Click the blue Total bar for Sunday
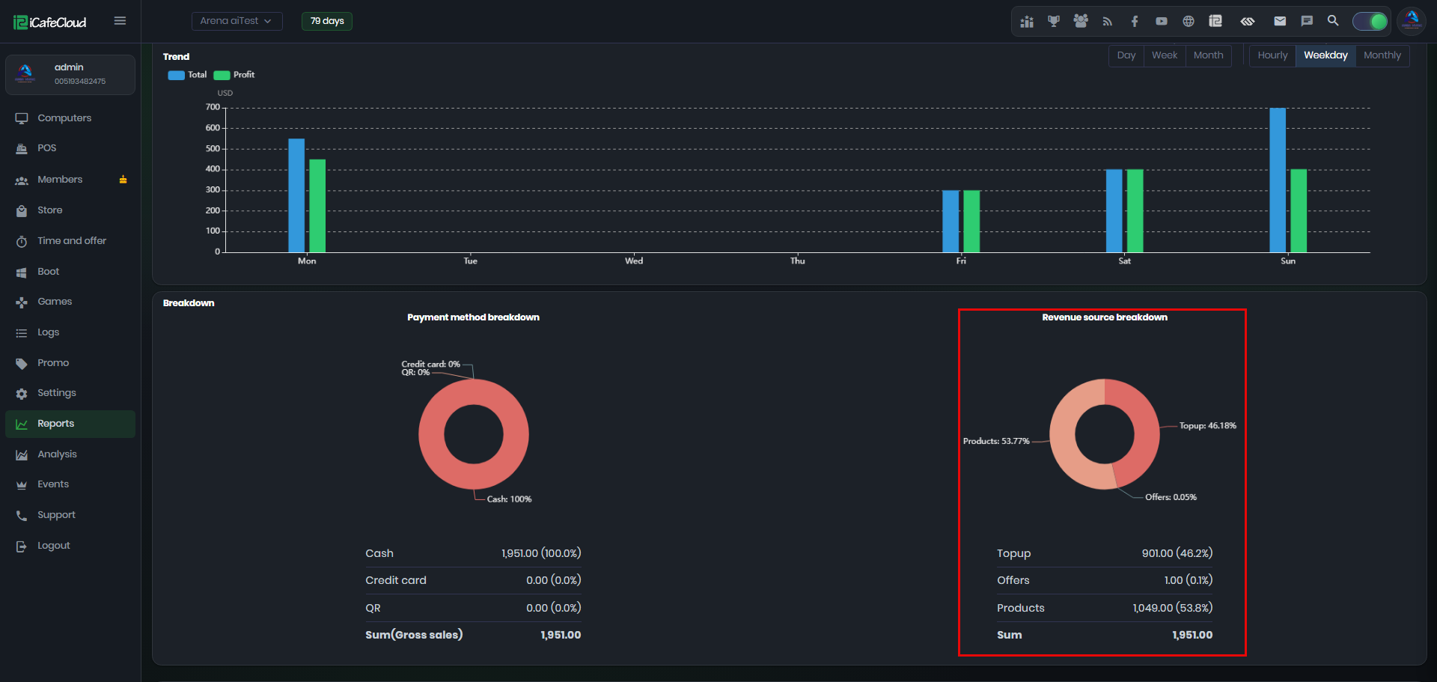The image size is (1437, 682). (1278, 180)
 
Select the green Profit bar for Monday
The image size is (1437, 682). (317, 206)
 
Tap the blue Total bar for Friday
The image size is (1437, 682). (951, 222)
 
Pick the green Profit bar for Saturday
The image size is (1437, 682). (1135, 211)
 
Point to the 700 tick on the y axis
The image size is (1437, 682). (213, 107)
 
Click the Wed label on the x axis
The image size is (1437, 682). (634, 261)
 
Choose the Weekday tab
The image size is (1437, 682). (1325, 55)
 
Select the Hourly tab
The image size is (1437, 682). (1272, 55)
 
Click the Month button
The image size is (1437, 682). (1208, 55)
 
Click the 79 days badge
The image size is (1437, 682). (327, 21)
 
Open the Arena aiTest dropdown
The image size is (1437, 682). (237, 21)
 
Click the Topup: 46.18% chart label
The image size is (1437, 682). (1208, 426)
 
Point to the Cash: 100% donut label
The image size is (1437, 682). (509, 499)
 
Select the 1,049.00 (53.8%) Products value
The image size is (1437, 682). (1172, 608)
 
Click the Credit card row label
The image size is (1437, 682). (396, 580)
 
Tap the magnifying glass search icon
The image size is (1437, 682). (1333, 21)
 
